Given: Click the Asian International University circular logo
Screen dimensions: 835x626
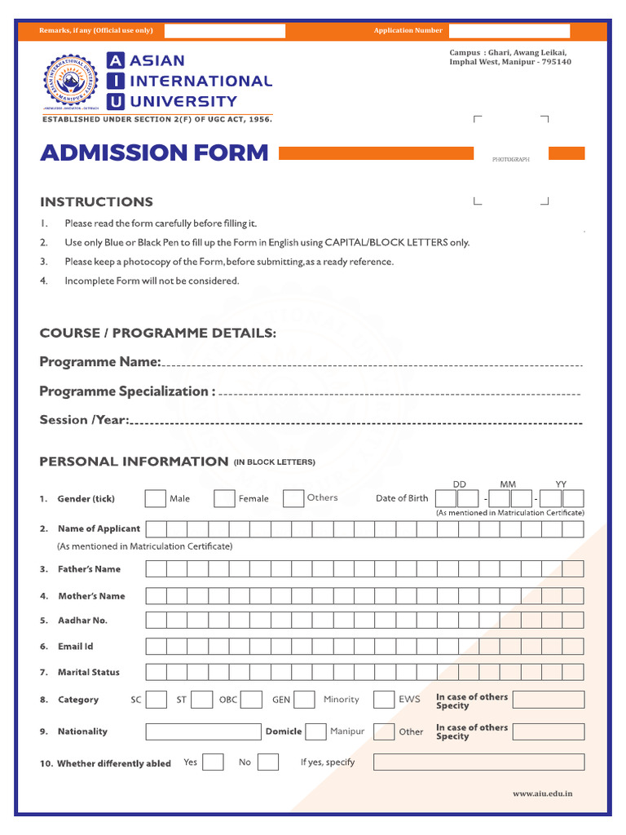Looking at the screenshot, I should coord(73,85).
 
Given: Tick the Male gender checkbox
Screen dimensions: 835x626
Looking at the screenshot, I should coord(155,498).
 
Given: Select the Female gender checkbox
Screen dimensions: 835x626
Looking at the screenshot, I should coord(224,498).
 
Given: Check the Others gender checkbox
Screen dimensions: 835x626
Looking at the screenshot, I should coord(293,498).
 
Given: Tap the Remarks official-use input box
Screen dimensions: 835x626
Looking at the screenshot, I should coord(225,31).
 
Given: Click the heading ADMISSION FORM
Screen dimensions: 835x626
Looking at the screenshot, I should coord(154,152).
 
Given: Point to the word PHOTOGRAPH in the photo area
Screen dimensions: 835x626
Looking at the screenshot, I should coord(511,160).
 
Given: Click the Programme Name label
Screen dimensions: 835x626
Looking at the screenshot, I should coord(100,362).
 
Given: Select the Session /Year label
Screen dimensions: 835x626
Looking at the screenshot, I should coord(85,420).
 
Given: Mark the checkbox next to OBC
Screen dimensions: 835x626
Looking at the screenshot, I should coord(251,700).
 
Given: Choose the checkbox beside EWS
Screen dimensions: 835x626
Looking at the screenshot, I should coord(384,700).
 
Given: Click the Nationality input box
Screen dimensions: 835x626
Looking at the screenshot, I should coord(203,731).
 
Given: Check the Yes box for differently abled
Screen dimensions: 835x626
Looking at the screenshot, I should coord(213,762).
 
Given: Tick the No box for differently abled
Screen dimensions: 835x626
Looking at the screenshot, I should coord(267,762).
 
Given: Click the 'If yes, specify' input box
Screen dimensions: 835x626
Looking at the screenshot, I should coord(478,762).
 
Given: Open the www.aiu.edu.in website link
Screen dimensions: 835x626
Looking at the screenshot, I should coord(542,793).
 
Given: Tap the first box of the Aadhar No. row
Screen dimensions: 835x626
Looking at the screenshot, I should coord(156,621).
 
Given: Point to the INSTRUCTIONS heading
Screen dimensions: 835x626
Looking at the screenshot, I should coord(96,202).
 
